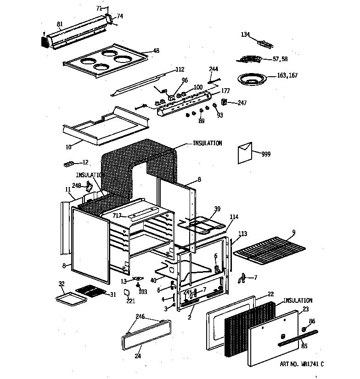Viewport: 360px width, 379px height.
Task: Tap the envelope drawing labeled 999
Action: (246, 153)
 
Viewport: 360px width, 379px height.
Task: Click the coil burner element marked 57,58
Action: (250, 59)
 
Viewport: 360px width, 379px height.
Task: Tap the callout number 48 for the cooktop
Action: (156, 51)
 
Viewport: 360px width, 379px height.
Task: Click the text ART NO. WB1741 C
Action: (302, 364)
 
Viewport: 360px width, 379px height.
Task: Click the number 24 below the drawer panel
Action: (138, 356)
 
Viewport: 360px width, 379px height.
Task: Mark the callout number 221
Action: (131, 301)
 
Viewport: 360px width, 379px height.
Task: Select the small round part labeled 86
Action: (304, 329)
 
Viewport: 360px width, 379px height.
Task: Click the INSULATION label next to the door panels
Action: (298, 300)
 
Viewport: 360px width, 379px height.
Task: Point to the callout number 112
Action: (180, 70)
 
